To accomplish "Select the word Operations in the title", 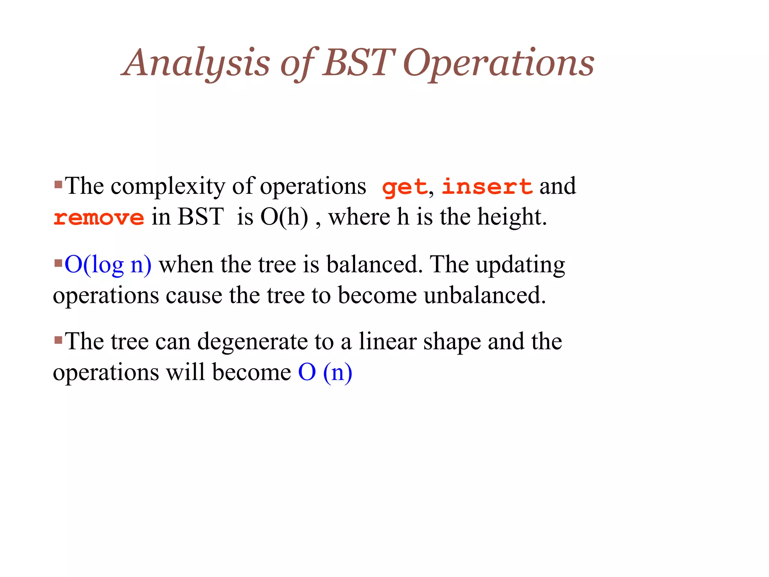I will click(498, 63).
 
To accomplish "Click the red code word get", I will click(404, 187).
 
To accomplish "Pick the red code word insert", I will click(487, 186).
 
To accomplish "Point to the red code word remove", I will click(99, 218).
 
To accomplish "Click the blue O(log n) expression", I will click(108, 264).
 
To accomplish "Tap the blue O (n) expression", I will click(325, 372).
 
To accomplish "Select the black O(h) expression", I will click(284, 217).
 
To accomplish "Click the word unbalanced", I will click(485, 295).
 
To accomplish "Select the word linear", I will click(388, 341).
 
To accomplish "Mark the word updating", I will click(520, 265).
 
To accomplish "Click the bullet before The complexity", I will click(58, 184).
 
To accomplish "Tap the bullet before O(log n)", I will click(58, 263).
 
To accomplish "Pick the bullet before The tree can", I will click(58, 340).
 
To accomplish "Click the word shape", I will click(452, 342).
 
